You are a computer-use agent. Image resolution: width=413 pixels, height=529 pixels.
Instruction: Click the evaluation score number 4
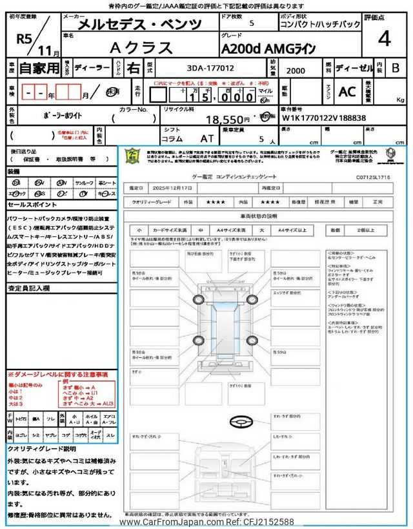pos(384,39)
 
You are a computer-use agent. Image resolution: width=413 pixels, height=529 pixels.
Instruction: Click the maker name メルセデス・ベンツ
pos(139,25)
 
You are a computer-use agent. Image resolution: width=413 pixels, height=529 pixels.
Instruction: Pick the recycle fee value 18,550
pos(227,119)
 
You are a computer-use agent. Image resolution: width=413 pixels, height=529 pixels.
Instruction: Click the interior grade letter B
pos(396,67)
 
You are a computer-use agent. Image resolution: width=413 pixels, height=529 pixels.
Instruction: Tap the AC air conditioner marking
pos(347,92)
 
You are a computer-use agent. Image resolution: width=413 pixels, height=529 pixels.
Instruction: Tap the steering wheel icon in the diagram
pos(241,420)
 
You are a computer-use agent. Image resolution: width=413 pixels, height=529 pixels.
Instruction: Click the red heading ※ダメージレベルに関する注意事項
pos(57,375)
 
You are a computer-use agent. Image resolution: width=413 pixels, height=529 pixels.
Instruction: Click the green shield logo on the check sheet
pos(132,158)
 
